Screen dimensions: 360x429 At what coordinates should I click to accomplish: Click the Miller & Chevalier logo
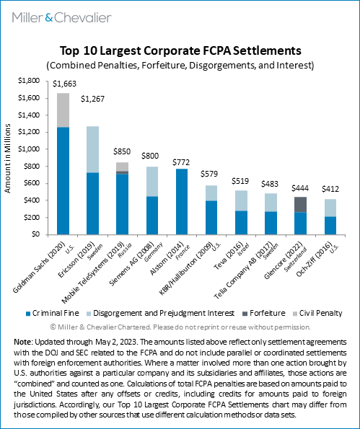[x=62, y=18]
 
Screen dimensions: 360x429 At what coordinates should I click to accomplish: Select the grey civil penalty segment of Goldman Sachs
[x=63, y=110]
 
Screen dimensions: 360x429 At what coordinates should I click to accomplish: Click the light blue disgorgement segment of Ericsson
[x=93, y=149]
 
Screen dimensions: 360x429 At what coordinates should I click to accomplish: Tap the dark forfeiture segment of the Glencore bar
[x=300, y=205]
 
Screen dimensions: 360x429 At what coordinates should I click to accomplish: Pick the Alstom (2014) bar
[x=182, y=202]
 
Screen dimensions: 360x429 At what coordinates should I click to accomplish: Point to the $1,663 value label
[x=64, y=84]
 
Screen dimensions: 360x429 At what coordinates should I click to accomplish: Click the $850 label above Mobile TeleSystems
[x=122, y=151]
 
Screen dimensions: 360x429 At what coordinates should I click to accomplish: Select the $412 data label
[x=330, y=189]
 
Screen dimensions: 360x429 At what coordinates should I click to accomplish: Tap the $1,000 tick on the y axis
[x=29, y=149]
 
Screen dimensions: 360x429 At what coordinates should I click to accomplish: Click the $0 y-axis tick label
[x=35, y=234]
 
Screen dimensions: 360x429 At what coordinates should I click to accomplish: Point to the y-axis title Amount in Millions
[x=7, y=159]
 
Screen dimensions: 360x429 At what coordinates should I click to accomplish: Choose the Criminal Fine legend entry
[x=52, y=313]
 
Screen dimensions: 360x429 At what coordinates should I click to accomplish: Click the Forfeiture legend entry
[x=264, y=313]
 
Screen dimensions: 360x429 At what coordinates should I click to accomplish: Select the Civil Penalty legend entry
[x=317, y=313]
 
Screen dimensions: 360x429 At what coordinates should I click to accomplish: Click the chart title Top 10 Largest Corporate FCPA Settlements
[x=180, y=51]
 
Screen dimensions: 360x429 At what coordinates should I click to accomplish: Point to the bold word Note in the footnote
[x=23, y=342]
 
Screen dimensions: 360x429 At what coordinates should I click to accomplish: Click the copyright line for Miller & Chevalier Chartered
[x=180, y=327]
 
